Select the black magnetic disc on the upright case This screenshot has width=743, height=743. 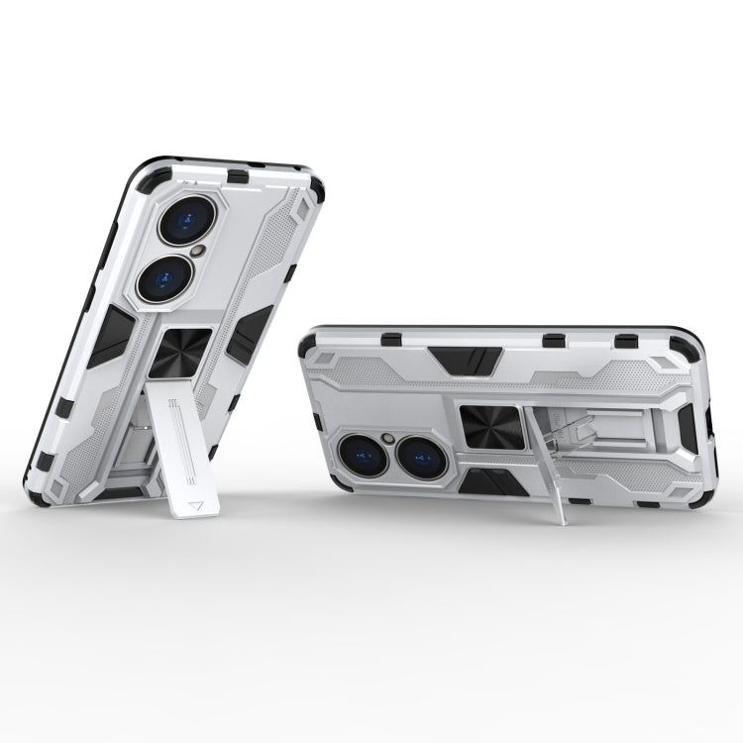click(185, 353)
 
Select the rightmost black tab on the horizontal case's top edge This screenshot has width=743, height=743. click(626, 341)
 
